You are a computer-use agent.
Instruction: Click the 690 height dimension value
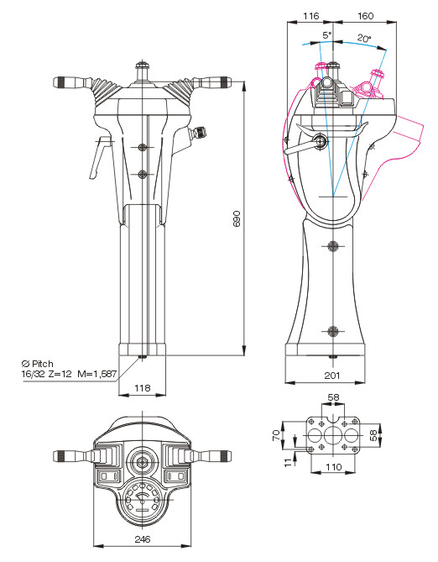coord(237,218)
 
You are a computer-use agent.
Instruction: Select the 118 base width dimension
coord(142,388)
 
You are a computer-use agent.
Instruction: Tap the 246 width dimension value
coord(143,539)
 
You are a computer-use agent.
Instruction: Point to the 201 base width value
coord(332,376)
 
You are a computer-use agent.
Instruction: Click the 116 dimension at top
coord(310,16)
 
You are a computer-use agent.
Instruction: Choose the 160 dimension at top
coord(365,16)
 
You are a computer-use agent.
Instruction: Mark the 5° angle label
coord(327,35)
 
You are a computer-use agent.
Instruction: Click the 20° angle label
coord(364,38)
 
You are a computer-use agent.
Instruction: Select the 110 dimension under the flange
coord(333,467)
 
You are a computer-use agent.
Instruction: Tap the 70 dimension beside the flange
coord(277,435)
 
